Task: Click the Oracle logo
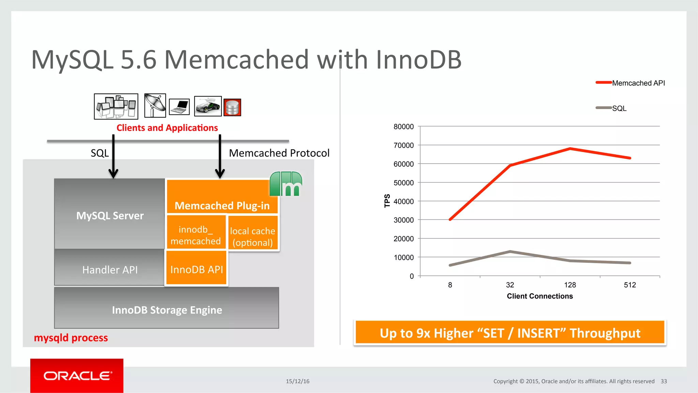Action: pyautogui.click(x=77, y=376)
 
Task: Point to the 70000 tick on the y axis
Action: pyautogui.click(x=404, y=146)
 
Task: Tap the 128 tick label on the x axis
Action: pyautogui.click(x=570, y=285)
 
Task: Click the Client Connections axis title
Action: pyautogui.click(x=540, y=296)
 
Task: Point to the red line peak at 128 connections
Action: pyautogui.click(x=570, y=149)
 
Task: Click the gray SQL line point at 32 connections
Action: pyautogui.click(x=510, y=252)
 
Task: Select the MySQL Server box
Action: pyautogui.click(x=110, y=215)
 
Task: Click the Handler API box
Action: pyautogui.click(x=110, y=269)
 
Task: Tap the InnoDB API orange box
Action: pyautogui.click(x=196, y=269)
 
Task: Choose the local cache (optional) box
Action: pyautogui.click(x=253, y=236)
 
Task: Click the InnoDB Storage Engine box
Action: pyautogui.click(x=167, y=309)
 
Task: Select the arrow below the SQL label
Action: pyautogui.click(x=113, y=157)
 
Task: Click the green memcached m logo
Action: pyautogui.click(x=286, y=184)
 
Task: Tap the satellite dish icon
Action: pyautogui.click(x=155, y=106)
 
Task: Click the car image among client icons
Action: pyautogui.click(x=208, y=106)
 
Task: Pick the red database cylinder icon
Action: pyautogui.click(x=232, y=107)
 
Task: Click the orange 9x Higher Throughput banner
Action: pyautogui.click(x=510, y=333)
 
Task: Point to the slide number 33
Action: pyautogui.click(x=664, y=381)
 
